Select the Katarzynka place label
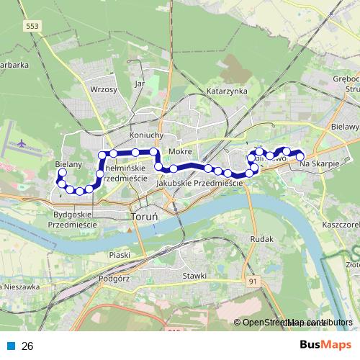tap(227, 91)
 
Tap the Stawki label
tap(194, 275)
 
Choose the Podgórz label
tap(113, 277)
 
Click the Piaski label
tap(118, 253)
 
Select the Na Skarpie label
tap(318, 164)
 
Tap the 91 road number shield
tap(252, 281)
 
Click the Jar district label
tap(140, 83)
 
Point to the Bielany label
tap(68, 164)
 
